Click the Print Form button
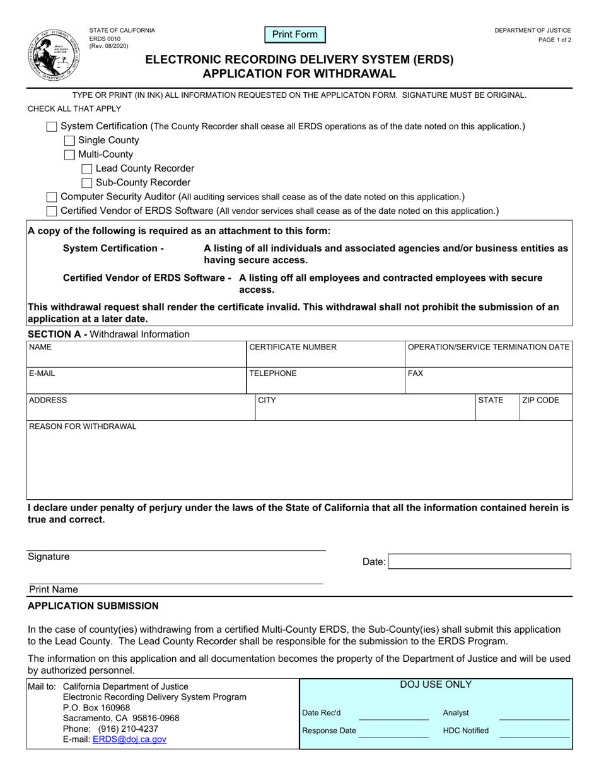[295, 35]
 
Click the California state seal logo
[53, 54]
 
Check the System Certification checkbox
[52, 126]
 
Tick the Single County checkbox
[70, 141]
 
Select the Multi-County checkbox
[70, 155]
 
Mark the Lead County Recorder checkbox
[88, 169]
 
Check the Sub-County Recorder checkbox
[88, 183]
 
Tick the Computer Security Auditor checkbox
[52, 197]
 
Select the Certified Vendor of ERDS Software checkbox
[52, 211]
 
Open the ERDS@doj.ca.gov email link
[129, 739]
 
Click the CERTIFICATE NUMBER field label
[293, 347]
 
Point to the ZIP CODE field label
[540, 400]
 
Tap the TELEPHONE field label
[273, 373]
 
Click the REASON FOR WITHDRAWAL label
[83, 426]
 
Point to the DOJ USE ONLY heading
[436, 685]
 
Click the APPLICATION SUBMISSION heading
[93, 606]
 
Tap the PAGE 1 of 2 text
[555, 40]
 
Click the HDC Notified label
[466, 731]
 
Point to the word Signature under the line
[49, 556]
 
